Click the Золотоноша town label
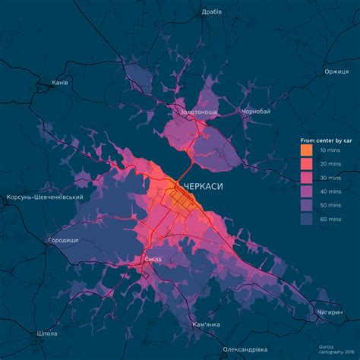[x=199, y=112]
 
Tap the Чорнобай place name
[x=256, y=112]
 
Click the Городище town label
[x=63, y=240]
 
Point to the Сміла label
[x=152, y=260]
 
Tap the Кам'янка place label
[x=207, y=324]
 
